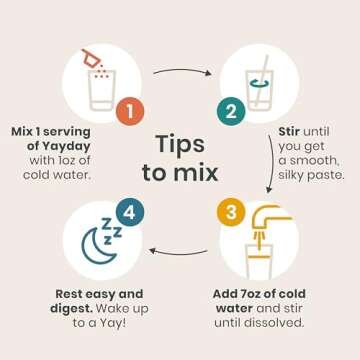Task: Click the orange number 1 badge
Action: pos(130,111)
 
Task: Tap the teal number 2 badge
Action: pos(231,111)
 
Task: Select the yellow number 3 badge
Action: pos(231,212)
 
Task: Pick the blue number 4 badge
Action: pos(130,212)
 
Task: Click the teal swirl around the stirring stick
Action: pos(260,85)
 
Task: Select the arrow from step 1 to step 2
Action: pos(182,69)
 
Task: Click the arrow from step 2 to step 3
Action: pos(273,163)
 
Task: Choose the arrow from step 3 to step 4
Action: pos(178,252)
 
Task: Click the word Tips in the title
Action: pos(180,144)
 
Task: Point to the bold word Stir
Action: pos(289,131)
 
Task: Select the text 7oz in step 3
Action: pos(247,294)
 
